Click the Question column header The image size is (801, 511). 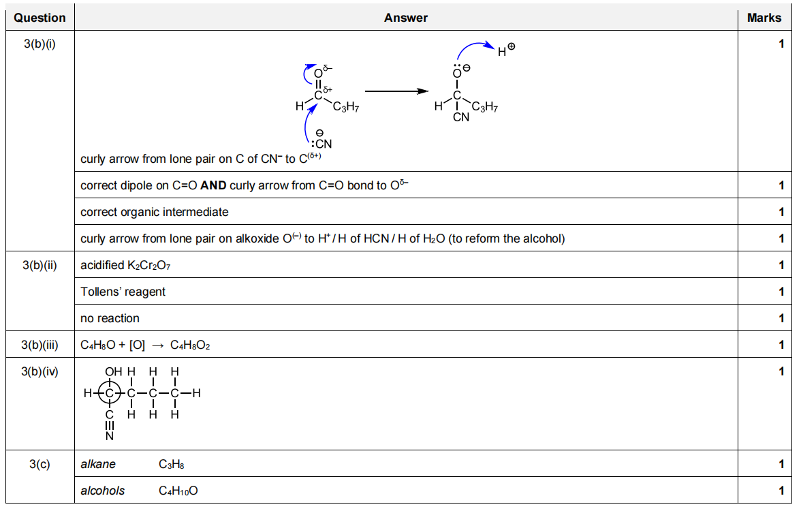pyautogui.click(x=40, y=18)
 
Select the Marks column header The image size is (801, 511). pyautogui.click(x=764, y=18)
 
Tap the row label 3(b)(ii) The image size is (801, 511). pyautogui.click(x=40, y=265)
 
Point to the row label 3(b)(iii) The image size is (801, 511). pyautogui.click(x=40, y=345)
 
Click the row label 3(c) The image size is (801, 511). pyautogui.click(x=40, y=464)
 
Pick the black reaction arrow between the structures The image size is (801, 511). pyautogui.click(x=396, y=91)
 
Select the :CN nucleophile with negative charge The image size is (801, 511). pyautogui.click(x=320, y=142)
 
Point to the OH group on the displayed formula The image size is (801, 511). pyautogui.click(x=113, y=371)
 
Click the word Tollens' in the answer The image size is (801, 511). pyautogui.click(x=99, y=292)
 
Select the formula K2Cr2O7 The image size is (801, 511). pyautogui.click(x=148, y=265)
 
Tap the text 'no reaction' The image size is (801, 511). pyautogui.click(x=110, y=318)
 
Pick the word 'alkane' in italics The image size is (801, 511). pyautogui.click(x=98, y=464)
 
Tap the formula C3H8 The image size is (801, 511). pyautogui.click(x=172, y=465)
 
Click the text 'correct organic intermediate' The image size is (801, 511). pyautogui.click(x=154, y=212)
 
